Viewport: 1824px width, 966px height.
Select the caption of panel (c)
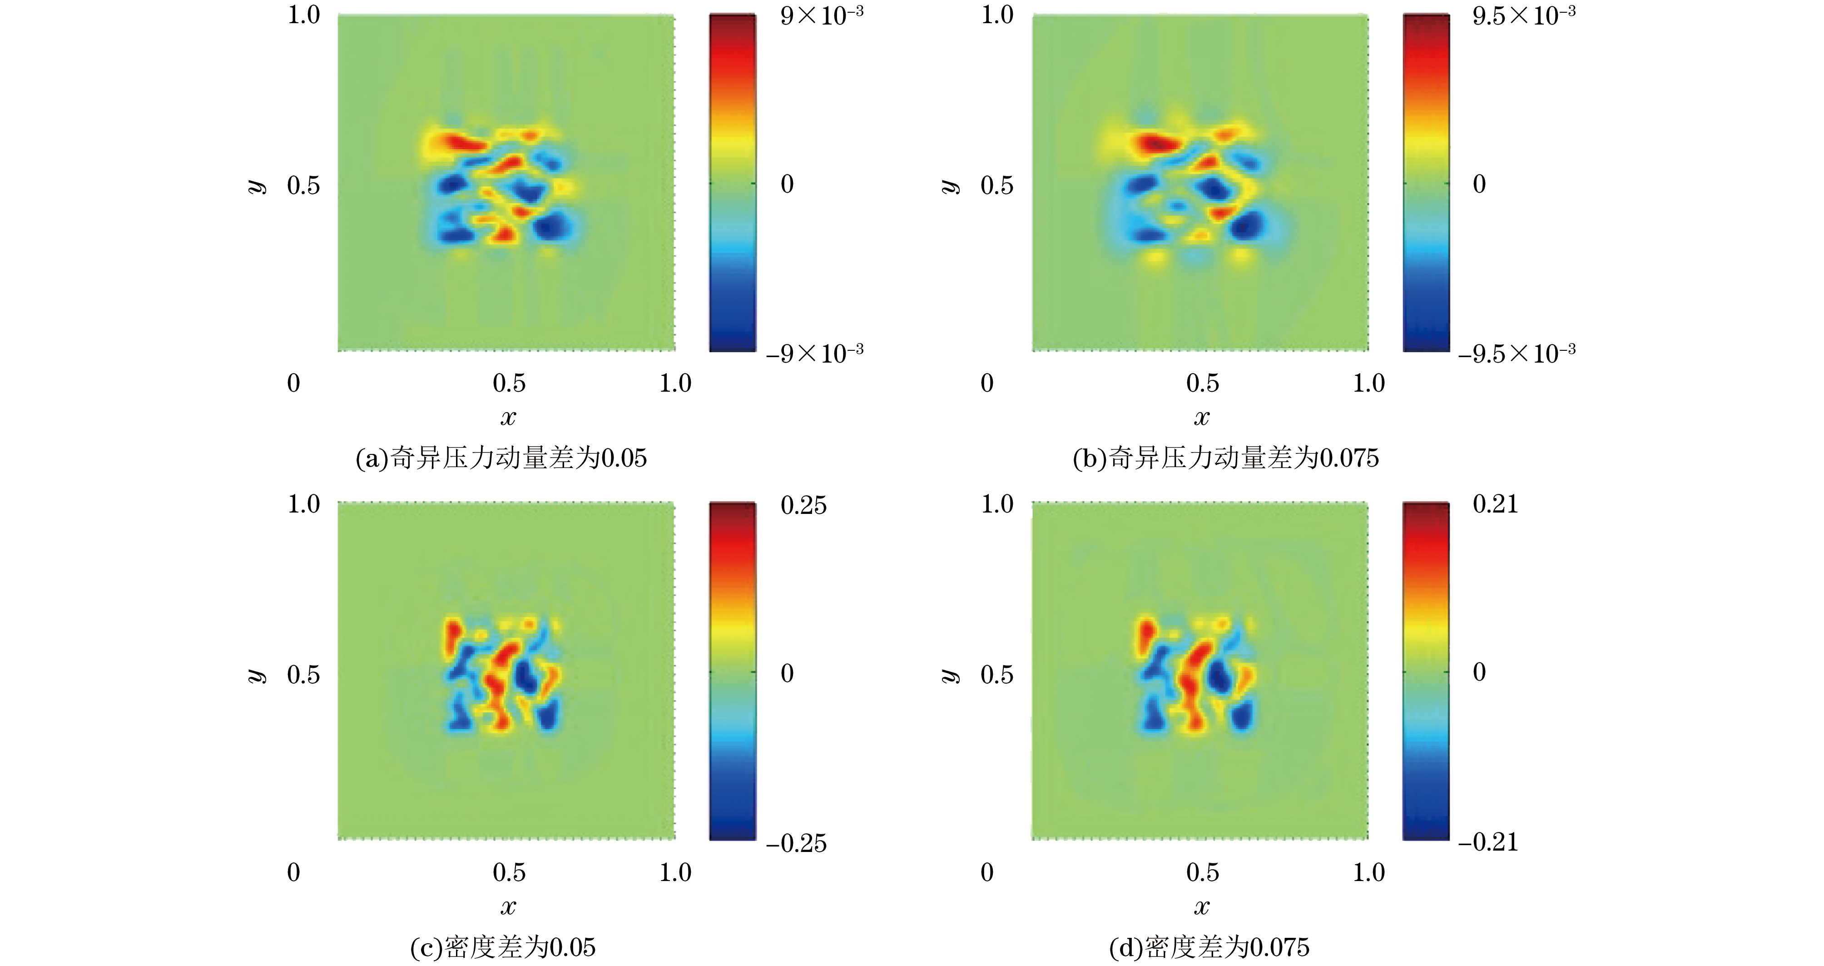click(x=503, y=947)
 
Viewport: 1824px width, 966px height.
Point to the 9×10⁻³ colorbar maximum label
click(x=821, y=15)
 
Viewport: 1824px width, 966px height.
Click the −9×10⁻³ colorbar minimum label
click(x=814, y=353)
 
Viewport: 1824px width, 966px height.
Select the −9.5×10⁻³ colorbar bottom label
click(x=1517, y=353)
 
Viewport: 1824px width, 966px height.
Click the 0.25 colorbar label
click(x=803, y=506)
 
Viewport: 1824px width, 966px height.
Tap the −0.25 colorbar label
click(x=796, y=843)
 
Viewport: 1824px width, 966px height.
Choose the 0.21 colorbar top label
click(x=1496, y=504)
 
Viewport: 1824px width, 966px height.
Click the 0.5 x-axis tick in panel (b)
click(x=1202, y=383)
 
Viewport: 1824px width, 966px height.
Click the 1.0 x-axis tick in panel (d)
click(x=1369, y=872)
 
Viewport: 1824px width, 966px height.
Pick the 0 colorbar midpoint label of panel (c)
click(x=787, y=673)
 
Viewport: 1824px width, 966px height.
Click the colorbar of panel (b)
click(x=1426, y=183)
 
